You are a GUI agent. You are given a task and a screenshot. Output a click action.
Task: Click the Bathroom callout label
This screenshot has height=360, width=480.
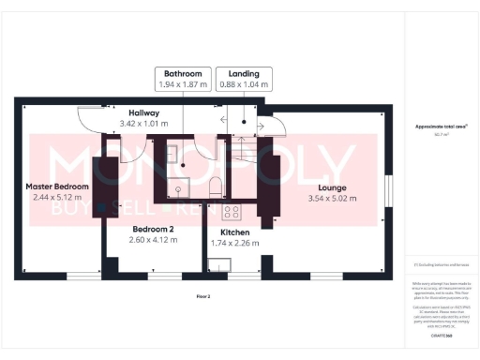(183, 72)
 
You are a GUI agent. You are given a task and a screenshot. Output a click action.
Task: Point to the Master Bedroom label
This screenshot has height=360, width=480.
(57, 187)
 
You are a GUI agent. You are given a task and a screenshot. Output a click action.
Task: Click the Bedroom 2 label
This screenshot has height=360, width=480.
(153, 229)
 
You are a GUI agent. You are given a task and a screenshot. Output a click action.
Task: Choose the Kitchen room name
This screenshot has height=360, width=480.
(233, 232)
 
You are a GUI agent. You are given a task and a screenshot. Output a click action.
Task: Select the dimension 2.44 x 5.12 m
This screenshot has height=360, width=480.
(57, 198)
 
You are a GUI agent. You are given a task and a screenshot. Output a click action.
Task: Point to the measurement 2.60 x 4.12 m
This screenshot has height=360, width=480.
(153, 240)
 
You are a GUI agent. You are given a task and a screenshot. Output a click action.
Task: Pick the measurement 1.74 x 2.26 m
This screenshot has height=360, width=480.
(233, 243)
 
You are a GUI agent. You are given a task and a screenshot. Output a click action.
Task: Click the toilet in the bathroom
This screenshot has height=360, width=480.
(215, 185)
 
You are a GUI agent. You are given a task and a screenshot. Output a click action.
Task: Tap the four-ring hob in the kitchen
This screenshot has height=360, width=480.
(232, 210)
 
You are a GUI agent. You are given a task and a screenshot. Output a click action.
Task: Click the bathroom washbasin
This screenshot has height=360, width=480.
(176, 188)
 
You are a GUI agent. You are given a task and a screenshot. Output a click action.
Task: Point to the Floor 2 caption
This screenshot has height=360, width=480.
(203, 296)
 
